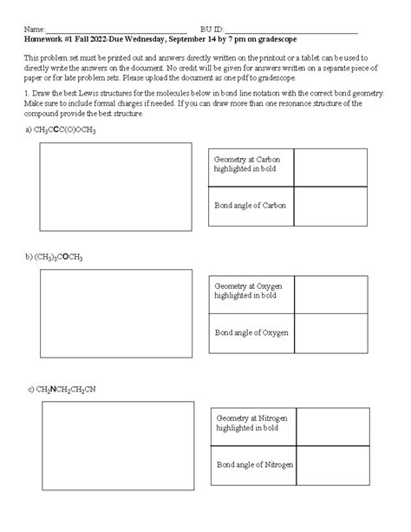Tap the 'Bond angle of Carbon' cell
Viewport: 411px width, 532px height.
pyautogui.click(x=251, y=206)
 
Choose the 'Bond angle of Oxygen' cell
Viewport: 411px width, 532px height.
pyautogui.click(x=251, y=332)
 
